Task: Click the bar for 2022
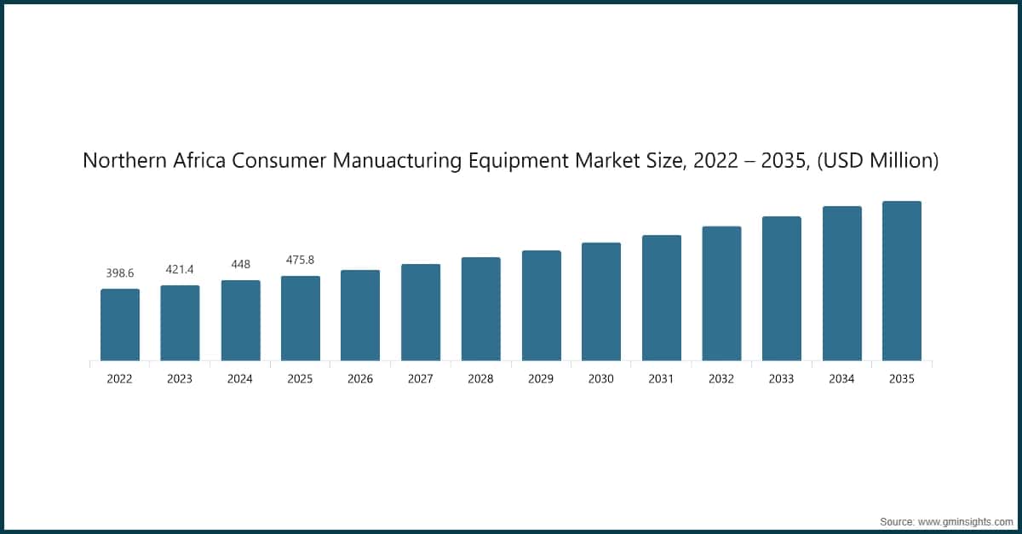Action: click(x=120, y=324)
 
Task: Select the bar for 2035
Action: click(x=902, y=281)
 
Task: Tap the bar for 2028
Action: click(x=481, y=308)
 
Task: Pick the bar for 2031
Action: click(x=662, y=297)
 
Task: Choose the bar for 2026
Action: click(x=360, y=315)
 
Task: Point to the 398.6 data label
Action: click(x=120, y=273)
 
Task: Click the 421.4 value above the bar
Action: click(x=180, y=270)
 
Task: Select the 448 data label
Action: click(x=240, y=265)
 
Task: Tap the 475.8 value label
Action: click(x=301, y=261)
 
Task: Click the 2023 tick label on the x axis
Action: click(x=180, y=380)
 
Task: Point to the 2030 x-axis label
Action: click(x=601, y=380)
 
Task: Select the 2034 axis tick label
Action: click(x=841, y=380)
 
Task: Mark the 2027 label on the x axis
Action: click(x=421, y=380)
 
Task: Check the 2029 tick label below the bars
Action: click(x=541, y=380)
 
